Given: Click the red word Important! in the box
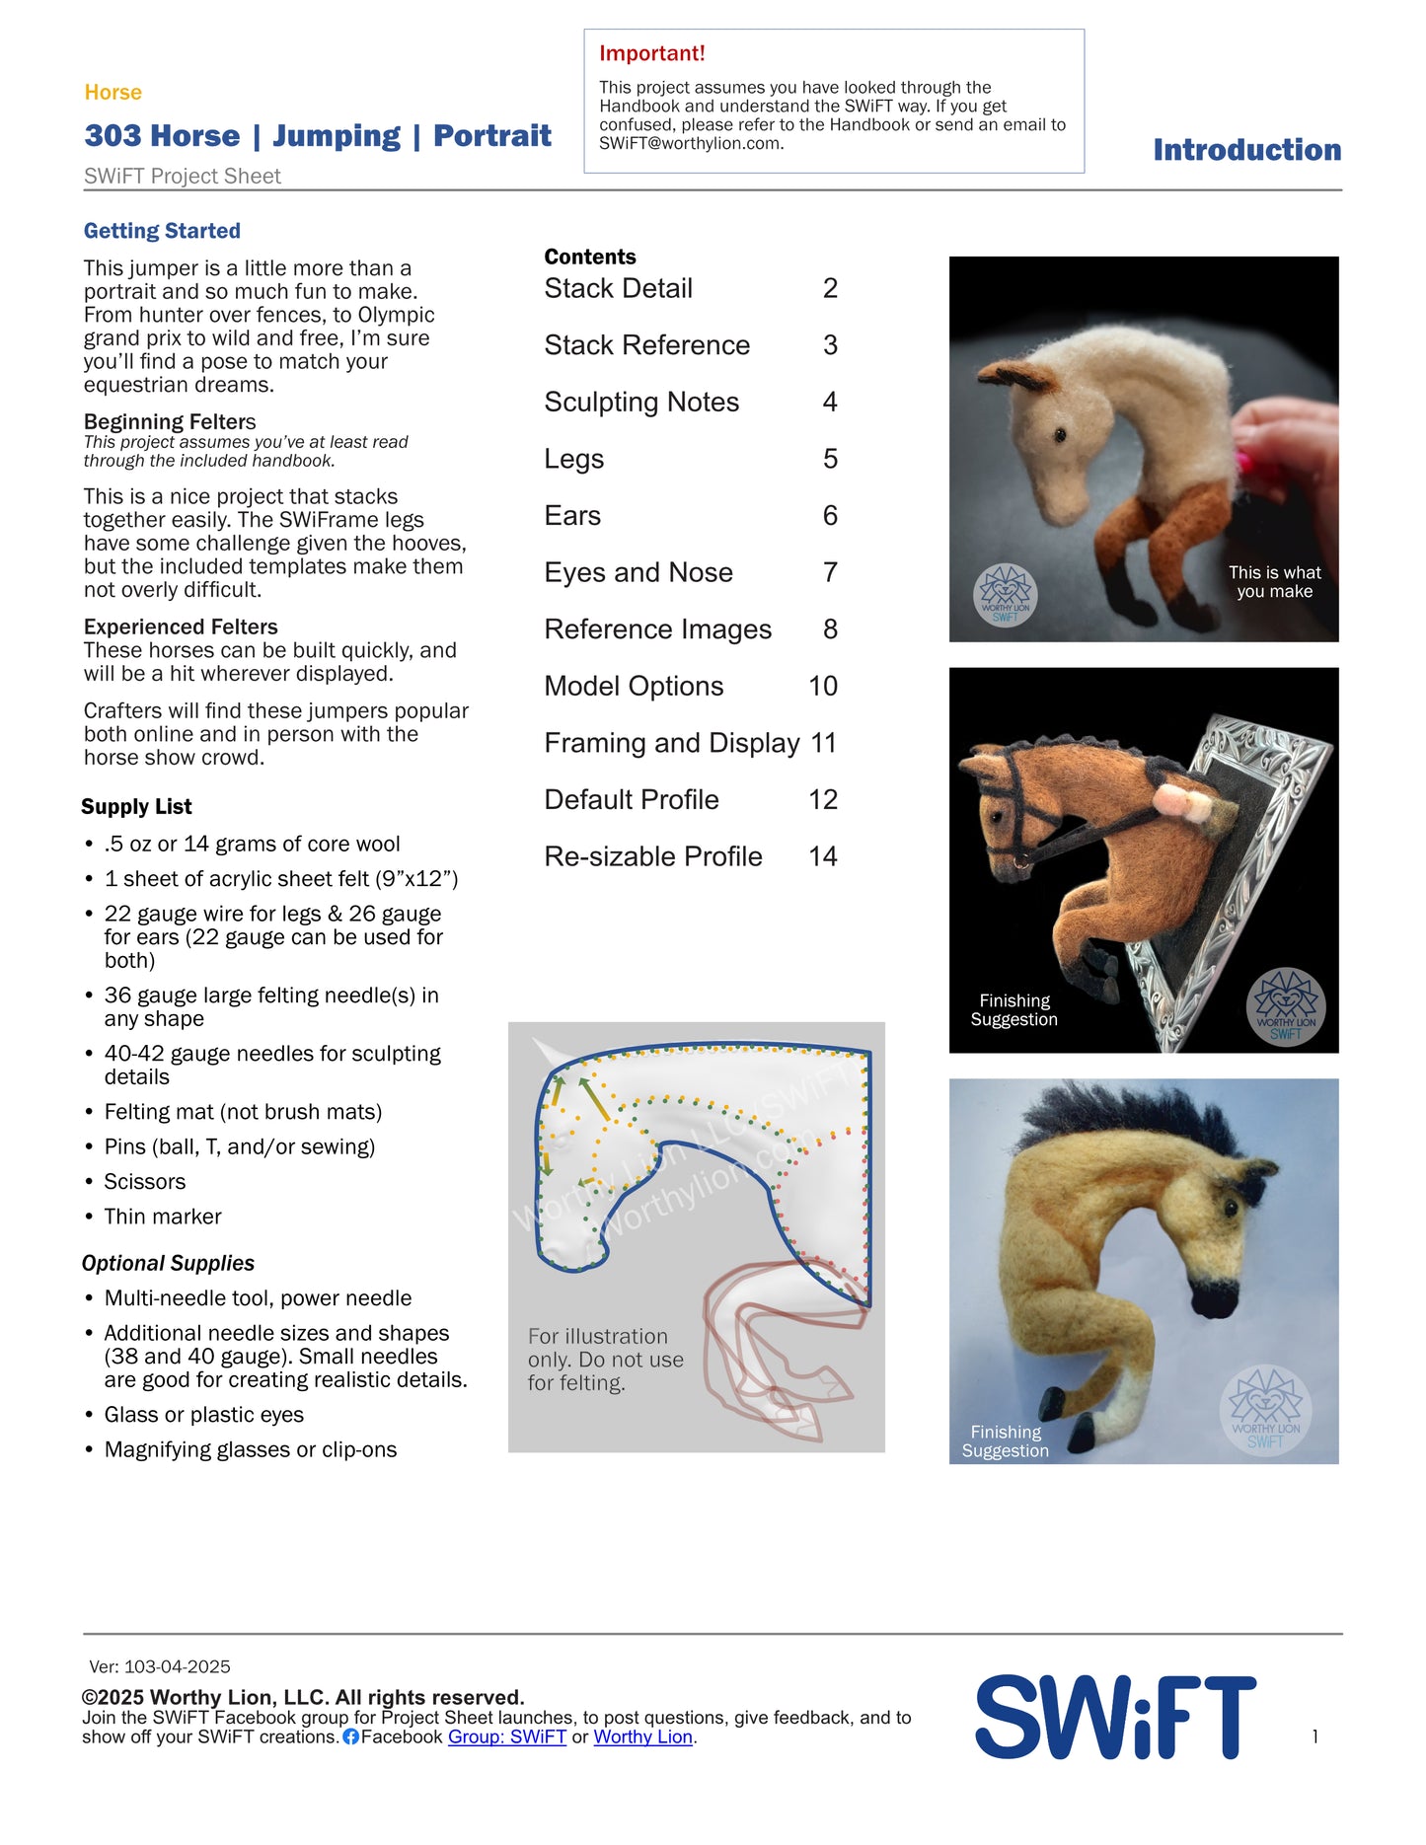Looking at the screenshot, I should (x=651, y=53).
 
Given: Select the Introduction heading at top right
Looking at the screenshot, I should (x=1246, y=150).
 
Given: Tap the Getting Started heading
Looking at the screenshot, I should (x=162, y=231).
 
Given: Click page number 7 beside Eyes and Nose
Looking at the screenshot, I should (x=830, y=572).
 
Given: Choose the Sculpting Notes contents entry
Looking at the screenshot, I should (x=641, y=403).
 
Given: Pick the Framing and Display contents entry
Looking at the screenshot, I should (x=672, y=743).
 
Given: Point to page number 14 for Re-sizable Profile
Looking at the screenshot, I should (x=823, y=856).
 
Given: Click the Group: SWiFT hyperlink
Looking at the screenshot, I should (x=507, y=1737).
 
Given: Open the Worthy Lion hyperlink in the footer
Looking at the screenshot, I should (x=642, y=1737).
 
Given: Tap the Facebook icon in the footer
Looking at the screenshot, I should (x=350, y=1737).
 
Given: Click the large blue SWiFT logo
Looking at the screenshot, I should (x=1115, y=1717).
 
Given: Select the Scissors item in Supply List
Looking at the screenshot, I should (x=145, y=1182).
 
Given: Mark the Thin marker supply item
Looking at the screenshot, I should (x=163, y=1217).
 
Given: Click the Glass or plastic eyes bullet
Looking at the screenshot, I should (x=204, y=1415).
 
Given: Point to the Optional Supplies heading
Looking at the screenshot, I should (x=168, y=1264).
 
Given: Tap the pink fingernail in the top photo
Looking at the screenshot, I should (x=1245, y=459).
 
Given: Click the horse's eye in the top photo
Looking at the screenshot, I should (x=1061, y=434).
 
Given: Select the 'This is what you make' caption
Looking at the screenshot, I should (x=1274, y=582).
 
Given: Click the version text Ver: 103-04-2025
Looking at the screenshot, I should (x=160, y=1667).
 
